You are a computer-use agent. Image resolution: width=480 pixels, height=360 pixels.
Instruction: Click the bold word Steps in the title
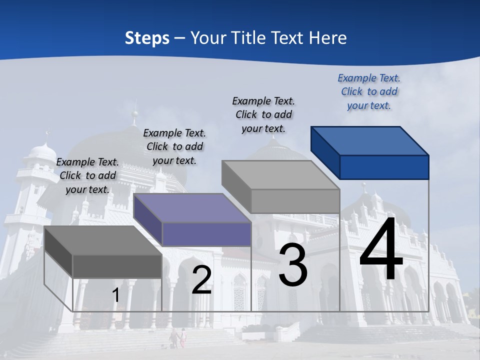pos(147,38)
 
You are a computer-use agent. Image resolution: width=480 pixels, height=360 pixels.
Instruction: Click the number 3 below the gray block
pos(293,265)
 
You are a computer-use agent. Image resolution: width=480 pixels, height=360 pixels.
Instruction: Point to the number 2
pos(201,280)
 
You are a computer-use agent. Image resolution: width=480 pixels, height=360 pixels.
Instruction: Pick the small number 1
pos(116,295)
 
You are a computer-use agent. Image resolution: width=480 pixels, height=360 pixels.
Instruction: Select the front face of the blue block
pos(384,167)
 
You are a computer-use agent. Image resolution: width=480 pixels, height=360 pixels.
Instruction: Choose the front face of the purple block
pos(206,234)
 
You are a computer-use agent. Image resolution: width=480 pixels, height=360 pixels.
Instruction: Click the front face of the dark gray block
pos(117,266)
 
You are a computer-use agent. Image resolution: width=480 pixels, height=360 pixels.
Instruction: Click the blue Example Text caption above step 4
pos(369,92)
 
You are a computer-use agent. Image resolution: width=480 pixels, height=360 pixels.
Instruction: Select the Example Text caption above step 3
pos(263,115)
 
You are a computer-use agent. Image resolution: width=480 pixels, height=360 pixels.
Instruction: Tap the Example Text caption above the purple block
pos(174,147)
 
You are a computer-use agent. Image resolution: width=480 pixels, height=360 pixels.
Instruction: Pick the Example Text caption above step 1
pos(87,176)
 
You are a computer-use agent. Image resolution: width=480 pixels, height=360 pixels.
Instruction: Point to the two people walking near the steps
pos(178,338)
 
